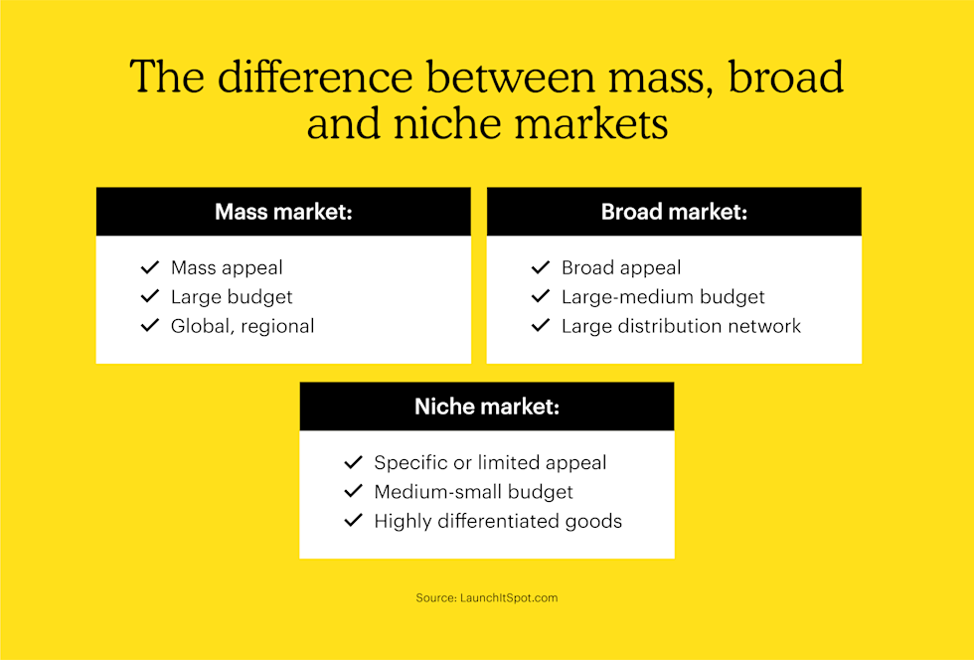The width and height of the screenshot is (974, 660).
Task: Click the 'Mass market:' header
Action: pyautogui.click(x=283, y=212)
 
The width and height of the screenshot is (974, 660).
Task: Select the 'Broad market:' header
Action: pyautogui.click(x=674, y=212)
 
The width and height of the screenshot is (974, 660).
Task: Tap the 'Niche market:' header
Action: pyautogui.click(x=486, y=407)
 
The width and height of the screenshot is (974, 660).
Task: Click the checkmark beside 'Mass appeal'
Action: pyautogui.click(x=150, y=267)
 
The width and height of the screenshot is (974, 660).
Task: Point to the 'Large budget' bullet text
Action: pyautogui.click(x=232, y=296)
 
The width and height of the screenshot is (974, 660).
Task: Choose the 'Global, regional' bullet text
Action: pyautogui.click(x=243, y=326)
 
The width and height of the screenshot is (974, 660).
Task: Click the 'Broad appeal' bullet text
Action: pyautogui.click(x=621, y=267)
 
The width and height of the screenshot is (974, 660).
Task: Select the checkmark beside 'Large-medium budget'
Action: pyautogui.click(x=541, y=296)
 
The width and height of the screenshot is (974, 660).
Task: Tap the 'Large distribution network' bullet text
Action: pyautogui.click(x=681, y=326)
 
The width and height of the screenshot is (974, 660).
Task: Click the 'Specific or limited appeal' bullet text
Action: pyautogui.click(x=490, y=462)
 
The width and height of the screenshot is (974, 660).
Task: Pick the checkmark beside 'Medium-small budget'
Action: pyautogui.click(x=353, y=492)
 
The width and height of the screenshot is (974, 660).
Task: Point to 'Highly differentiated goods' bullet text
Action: pyautogui.click(x=498, y=521)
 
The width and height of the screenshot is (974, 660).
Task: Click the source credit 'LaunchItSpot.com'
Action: pyautogui.click(x=510, y=598)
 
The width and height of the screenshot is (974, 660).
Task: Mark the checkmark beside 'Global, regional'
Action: pyautogui.click(x=150, y=326)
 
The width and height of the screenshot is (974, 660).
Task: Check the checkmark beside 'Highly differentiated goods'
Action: pyautogui.click(x=353, y=521)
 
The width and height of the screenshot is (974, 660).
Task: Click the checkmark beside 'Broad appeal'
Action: pyautogui.click(x=541, y=267)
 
